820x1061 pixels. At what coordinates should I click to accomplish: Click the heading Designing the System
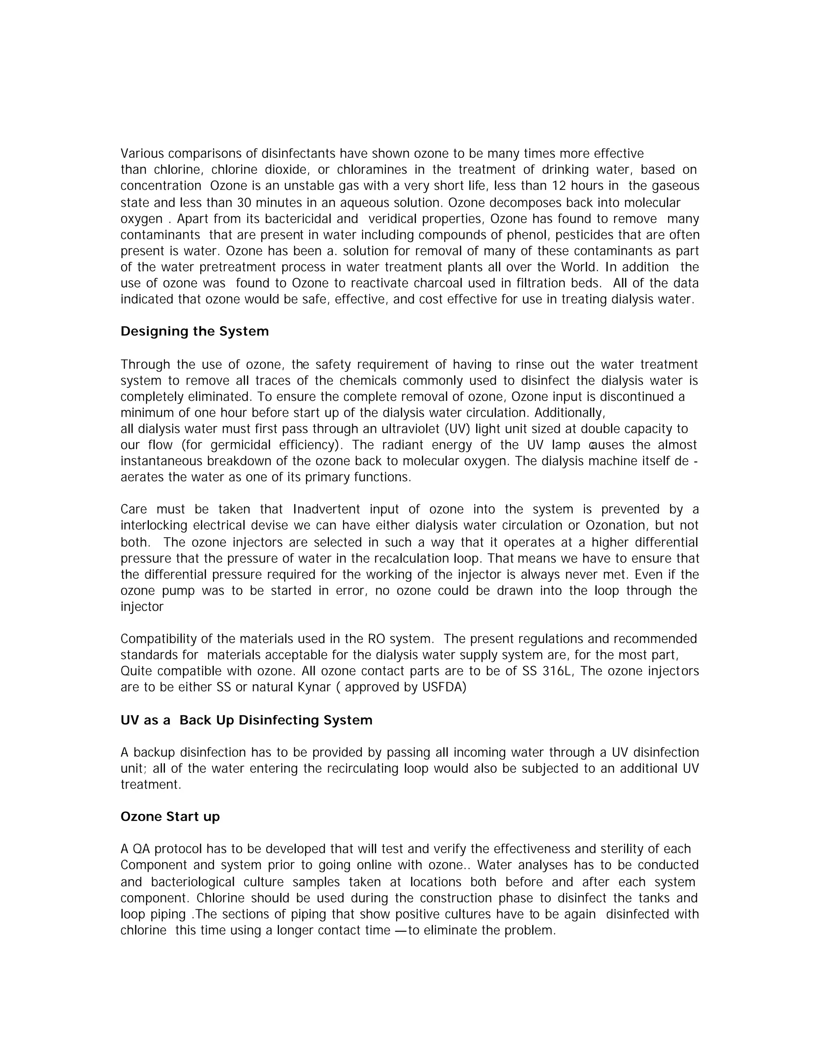(x=194, y=332)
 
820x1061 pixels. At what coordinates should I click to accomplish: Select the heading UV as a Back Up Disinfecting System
(x=246, y=720)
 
